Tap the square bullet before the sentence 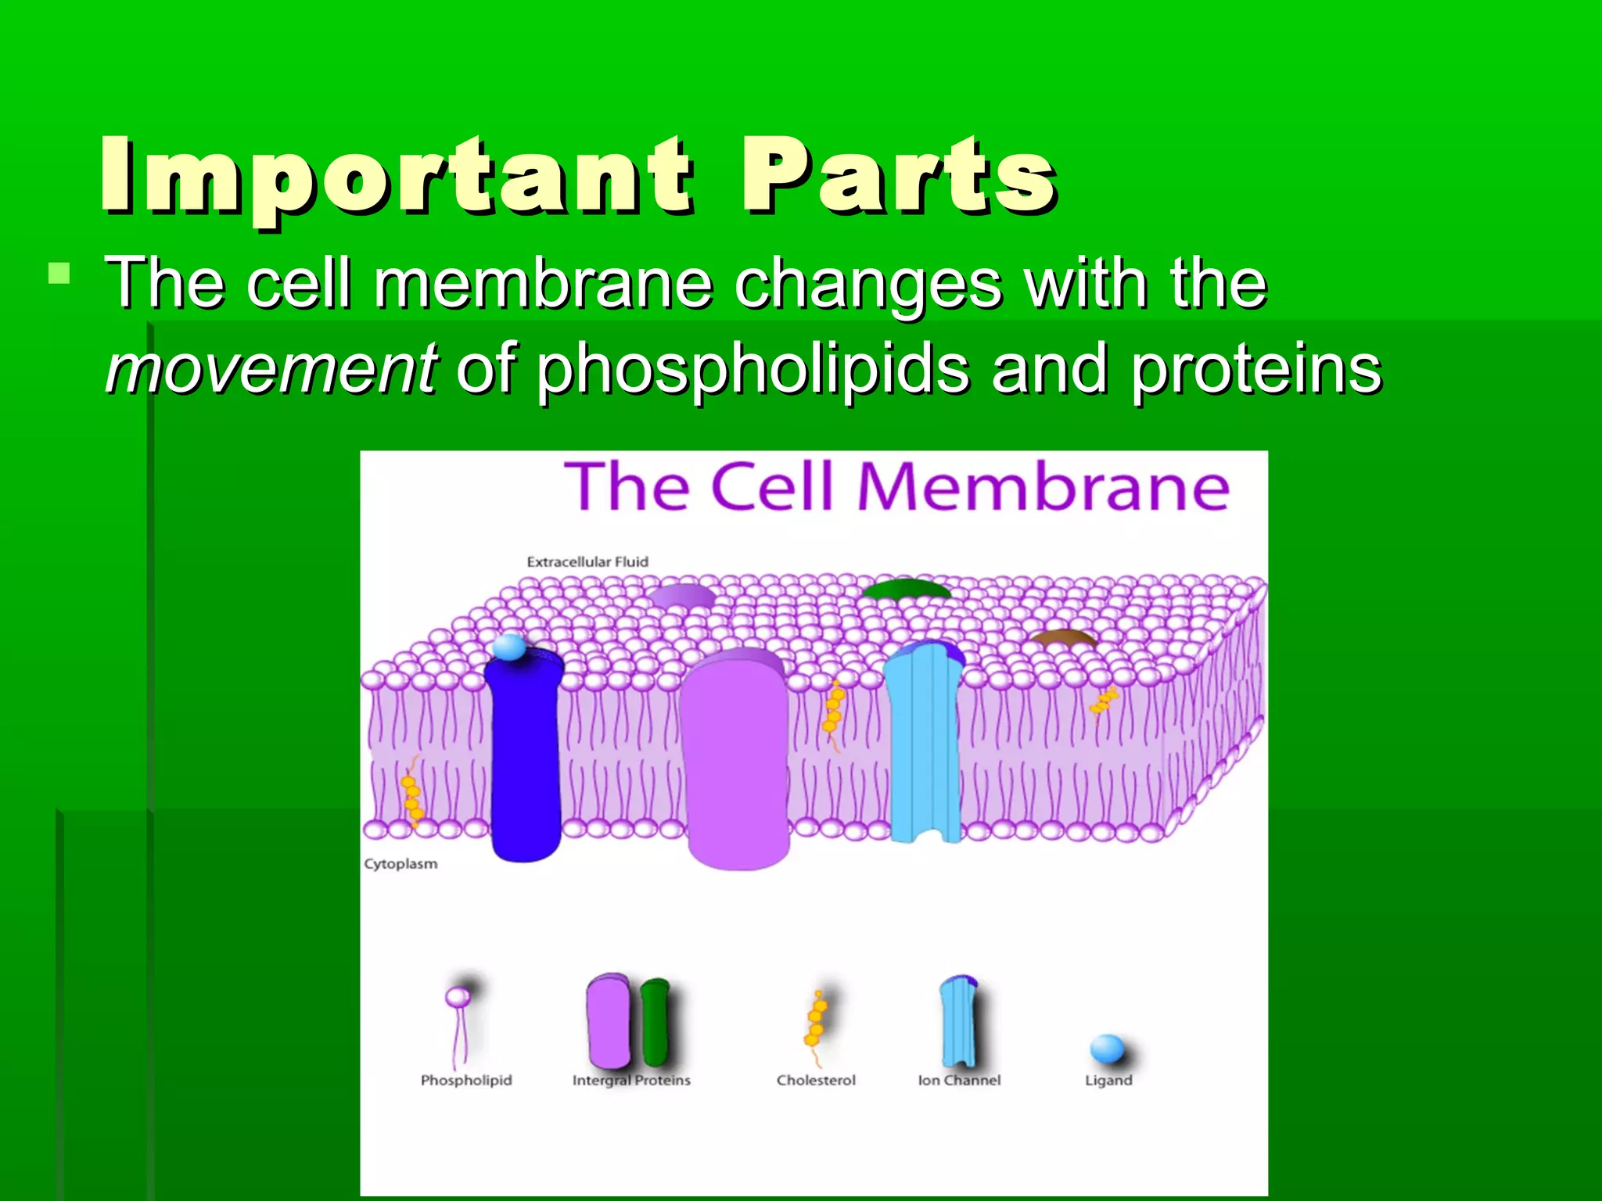[x=59, y=274]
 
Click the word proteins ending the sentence [x=1256, y=368]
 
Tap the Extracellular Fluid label [x=587, y=561]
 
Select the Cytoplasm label [x=400, y=864]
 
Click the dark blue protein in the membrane [x=525, y=758]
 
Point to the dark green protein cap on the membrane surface [x=906, y=590]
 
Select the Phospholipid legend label [x=466, y=1080]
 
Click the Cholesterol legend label [x=816, y=1080]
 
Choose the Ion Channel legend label [x=959, y=1080]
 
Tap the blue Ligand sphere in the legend [x=1107, y=1049]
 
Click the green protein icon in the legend [x=655, y=1020]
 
